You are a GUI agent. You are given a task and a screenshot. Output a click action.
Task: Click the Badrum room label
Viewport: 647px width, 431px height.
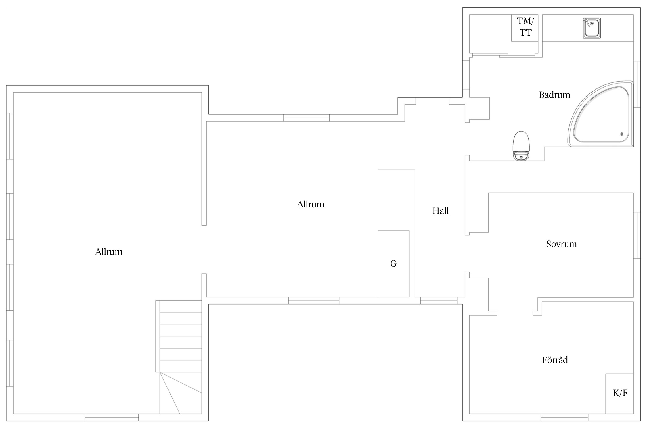click(554, 95)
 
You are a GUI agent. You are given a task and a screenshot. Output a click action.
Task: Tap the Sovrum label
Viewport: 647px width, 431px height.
click(561, 244)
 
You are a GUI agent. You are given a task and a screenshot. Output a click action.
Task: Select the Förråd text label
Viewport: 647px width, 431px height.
click(555, 360)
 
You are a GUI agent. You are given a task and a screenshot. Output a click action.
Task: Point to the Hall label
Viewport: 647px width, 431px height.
click(441, 211)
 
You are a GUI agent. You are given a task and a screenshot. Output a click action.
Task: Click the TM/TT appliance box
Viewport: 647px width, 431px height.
click(525, 28)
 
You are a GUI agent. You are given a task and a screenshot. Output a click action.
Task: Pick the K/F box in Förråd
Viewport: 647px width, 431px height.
click(619, 394)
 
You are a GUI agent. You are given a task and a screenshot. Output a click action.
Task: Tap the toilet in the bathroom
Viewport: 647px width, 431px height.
click(521, 146)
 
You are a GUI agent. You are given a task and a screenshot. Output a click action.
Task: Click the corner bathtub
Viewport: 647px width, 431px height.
click(600, 114)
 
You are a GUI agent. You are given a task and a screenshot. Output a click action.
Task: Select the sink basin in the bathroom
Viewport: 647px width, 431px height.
click(592, 28)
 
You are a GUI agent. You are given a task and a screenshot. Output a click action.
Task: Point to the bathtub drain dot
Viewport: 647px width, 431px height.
click(622, 134)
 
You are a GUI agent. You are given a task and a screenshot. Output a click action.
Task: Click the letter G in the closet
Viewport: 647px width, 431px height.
click(393, 263)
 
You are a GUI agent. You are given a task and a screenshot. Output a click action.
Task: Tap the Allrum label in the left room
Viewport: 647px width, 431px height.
click(109, 252)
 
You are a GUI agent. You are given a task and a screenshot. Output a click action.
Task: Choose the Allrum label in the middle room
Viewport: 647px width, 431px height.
click(311, 204)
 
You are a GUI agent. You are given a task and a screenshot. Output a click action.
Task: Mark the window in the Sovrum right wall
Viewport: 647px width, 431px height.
click(637, 235)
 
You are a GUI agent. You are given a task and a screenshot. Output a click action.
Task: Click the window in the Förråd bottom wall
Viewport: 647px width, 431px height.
click(564, 417)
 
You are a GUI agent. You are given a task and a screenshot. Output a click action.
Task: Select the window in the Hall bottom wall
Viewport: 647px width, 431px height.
click(439, 301)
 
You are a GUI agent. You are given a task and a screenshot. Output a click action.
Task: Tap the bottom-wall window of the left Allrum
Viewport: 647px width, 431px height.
click(112, 417)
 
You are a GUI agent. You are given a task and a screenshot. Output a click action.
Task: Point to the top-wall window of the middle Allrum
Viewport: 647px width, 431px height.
click(306, 118)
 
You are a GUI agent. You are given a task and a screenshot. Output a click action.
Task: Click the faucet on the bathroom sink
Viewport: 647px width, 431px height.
click(587, 22)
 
